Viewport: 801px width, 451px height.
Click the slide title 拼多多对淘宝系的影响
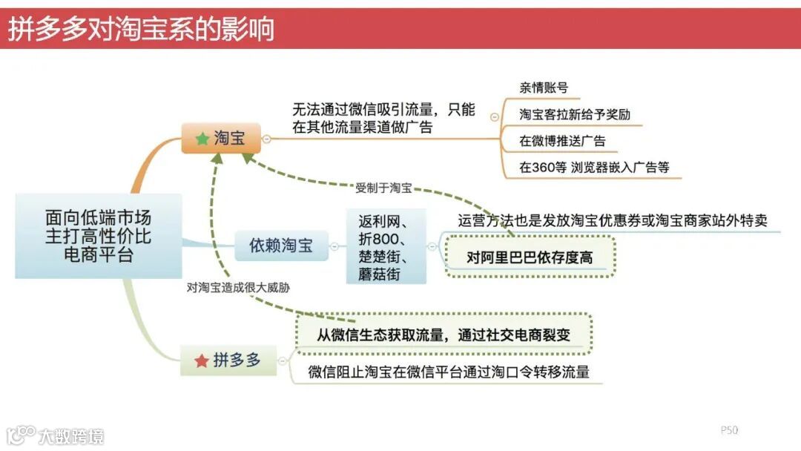[x=141, y=29]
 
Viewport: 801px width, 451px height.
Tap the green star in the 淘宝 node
[x=202, y=139]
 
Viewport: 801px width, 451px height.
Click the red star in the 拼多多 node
[x=201, y=361]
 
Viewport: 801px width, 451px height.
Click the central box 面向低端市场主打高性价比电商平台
[x=98, y=236]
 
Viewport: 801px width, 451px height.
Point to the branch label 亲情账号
[x=544, y=88]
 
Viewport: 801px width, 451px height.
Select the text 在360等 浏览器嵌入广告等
[x=594, y=168]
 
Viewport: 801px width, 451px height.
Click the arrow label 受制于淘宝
[x=383, y=188]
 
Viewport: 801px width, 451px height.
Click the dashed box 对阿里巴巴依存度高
[x=530, y=257]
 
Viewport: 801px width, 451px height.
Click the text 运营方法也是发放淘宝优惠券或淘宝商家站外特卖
[x=612, y=220]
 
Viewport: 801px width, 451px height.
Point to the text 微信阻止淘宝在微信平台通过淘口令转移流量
[x=449, y=372]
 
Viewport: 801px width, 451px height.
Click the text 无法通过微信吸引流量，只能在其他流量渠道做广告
[x=383, y=118]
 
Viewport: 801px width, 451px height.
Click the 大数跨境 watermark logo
[x=55, y=435]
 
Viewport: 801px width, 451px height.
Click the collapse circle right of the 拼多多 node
[x=282, y=361]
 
